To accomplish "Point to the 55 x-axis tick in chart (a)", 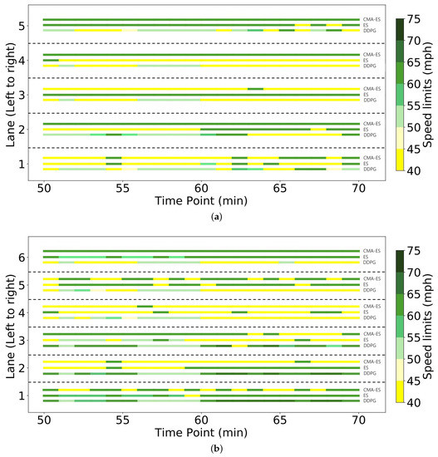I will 121,188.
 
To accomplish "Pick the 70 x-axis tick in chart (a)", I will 358,188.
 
